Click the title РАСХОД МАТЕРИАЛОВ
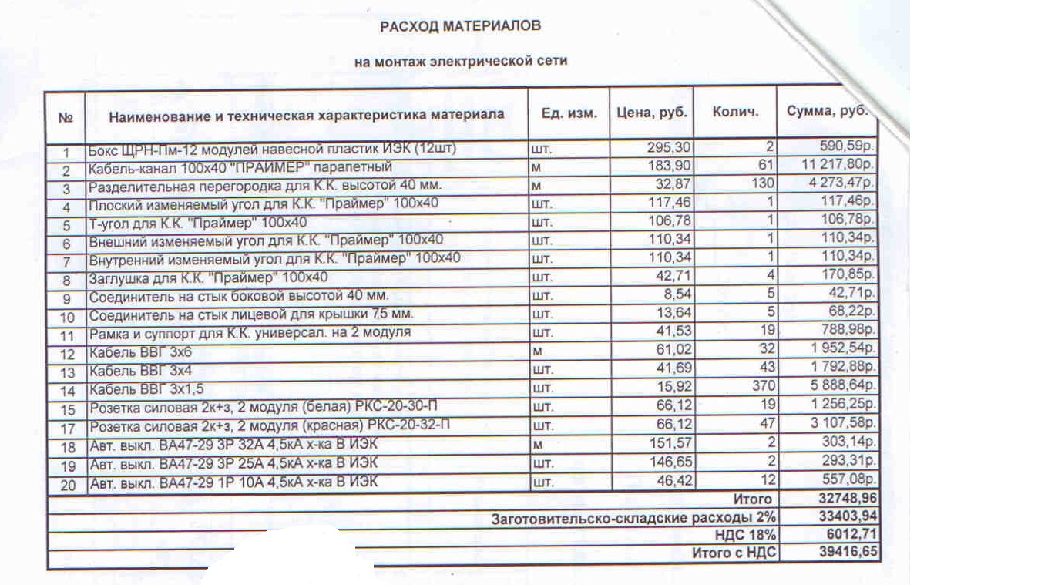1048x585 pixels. (461, 26)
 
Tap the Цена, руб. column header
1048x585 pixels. (652, 113)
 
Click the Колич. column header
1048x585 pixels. (735, 113)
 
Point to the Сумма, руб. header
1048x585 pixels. (827, 112)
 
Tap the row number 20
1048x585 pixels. (66, 486)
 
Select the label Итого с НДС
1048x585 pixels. (734, 553)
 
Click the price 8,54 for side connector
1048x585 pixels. (678, 295)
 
